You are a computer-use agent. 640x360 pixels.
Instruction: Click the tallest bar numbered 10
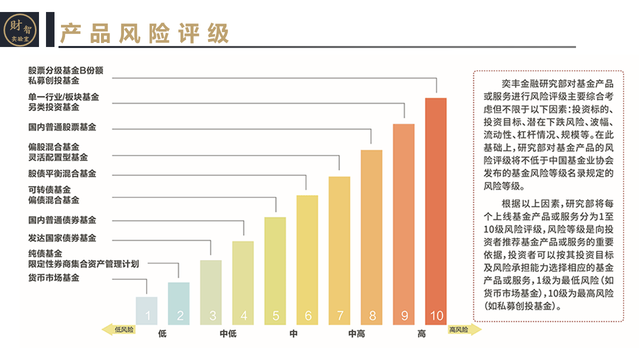435,210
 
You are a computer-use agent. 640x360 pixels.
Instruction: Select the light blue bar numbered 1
146,311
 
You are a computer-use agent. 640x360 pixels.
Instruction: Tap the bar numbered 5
275,270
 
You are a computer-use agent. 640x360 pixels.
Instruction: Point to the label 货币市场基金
53,278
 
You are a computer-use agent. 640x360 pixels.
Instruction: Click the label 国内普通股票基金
62,127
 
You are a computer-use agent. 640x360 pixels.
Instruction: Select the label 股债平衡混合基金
62,174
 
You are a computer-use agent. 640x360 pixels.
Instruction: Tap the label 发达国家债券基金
62,238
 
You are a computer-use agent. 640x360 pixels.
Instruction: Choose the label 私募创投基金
53,80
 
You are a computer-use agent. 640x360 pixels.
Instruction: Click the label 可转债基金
49,190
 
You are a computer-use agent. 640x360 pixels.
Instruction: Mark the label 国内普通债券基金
62,220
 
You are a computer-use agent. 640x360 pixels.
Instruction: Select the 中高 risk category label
356,334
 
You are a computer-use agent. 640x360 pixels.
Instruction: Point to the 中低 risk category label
228,334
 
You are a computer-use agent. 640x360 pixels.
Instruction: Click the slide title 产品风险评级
144,33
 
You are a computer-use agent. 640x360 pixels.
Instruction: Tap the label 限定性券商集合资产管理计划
83,263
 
